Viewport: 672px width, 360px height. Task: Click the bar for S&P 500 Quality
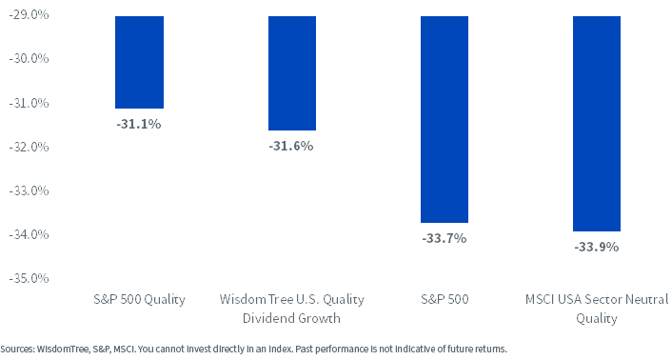[139, 62]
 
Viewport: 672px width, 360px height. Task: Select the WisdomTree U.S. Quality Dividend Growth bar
[292, 73]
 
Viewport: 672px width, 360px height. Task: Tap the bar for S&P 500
[445, 120]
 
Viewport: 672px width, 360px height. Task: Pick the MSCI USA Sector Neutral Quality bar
[597, 124]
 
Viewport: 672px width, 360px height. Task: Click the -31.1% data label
[139, 124]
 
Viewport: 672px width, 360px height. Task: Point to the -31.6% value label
[291, 146]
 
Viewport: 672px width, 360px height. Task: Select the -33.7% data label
[445, 238]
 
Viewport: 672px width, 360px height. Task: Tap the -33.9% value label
[597, 247]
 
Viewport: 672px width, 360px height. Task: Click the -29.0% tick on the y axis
[29, 14]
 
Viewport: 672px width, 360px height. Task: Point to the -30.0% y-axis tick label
[29, 58]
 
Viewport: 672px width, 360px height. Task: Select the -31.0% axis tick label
[29, 103]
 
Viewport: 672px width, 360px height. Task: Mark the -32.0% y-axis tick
[29, 147]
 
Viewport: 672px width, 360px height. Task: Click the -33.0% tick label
[29, 190]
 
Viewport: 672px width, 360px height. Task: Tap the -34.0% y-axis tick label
[29, 234]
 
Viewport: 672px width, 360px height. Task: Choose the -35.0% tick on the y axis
[29, 278]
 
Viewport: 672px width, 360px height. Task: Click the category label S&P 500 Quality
[139, 299]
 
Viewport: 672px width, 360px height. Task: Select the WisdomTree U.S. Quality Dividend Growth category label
[292, 309]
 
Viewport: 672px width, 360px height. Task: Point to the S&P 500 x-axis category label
[445, 299]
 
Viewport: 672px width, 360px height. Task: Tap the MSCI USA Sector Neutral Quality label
[597, 309]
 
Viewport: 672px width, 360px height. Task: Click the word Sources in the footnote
[17, 349]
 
